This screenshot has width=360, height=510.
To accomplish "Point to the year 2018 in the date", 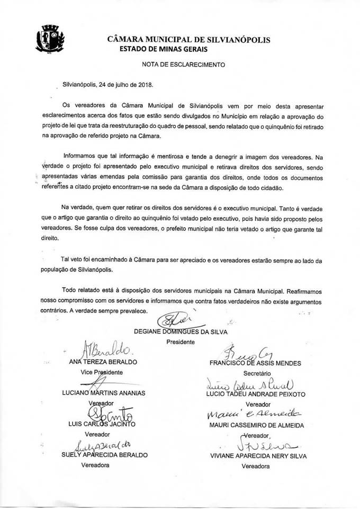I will click(x=143, y=85).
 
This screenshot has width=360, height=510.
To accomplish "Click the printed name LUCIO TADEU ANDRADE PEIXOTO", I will click(x=256, y=393).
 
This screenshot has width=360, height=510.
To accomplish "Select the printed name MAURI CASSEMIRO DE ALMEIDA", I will click(x=256, y=424).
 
